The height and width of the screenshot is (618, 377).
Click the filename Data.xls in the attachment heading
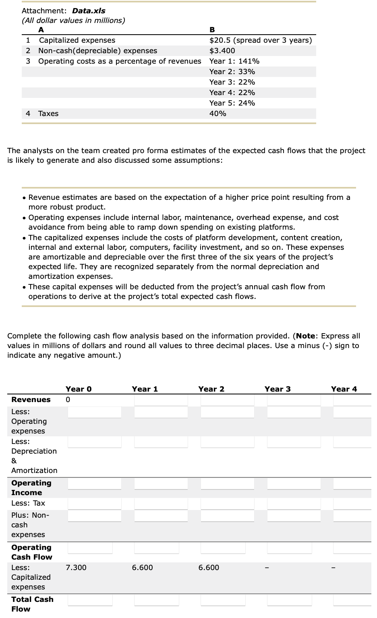[x=89, y=11]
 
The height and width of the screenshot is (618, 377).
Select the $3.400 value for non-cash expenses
[x=222, y=51]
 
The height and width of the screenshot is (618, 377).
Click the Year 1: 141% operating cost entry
[x=234, y=61]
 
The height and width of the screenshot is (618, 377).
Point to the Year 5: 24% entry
[x=232, y=103]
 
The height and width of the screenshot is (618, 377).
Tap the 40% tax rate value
[x=217, y=114]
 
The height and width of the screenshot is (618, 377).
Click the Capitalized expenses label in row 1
[x=77, y=40]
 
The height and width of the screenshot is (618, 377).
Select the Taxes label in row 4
[x=48, y=114]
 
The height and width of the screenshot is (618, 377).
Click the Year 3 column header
[x=277, y=389]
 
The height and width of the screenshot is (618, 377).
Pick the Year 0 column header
[x=79, y=389]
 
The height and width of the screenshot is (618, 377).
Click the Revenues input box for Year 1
[x=161, y=400]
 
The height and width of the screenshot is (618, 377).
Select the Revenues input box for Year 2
[x=227, y=400]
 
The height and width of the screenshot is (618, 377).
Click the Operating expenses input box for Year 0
[x=94, y=412]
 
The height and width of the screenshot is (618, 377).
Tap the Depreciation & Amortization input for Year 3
[x=294, y=442]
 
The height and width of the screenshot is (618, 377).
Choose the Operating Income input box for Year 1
[x=161, y=483]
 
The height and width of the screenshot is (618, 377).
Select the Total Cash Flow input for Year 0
[x=90, y=600]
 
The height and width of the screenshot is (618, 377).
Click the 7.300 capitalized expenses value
[x=76, y=568]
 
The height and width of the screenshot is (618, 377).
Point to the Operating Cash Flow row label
[x=31, y=552]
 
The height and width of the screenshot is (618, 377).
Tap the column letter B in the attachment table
[x=212, y=29]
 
